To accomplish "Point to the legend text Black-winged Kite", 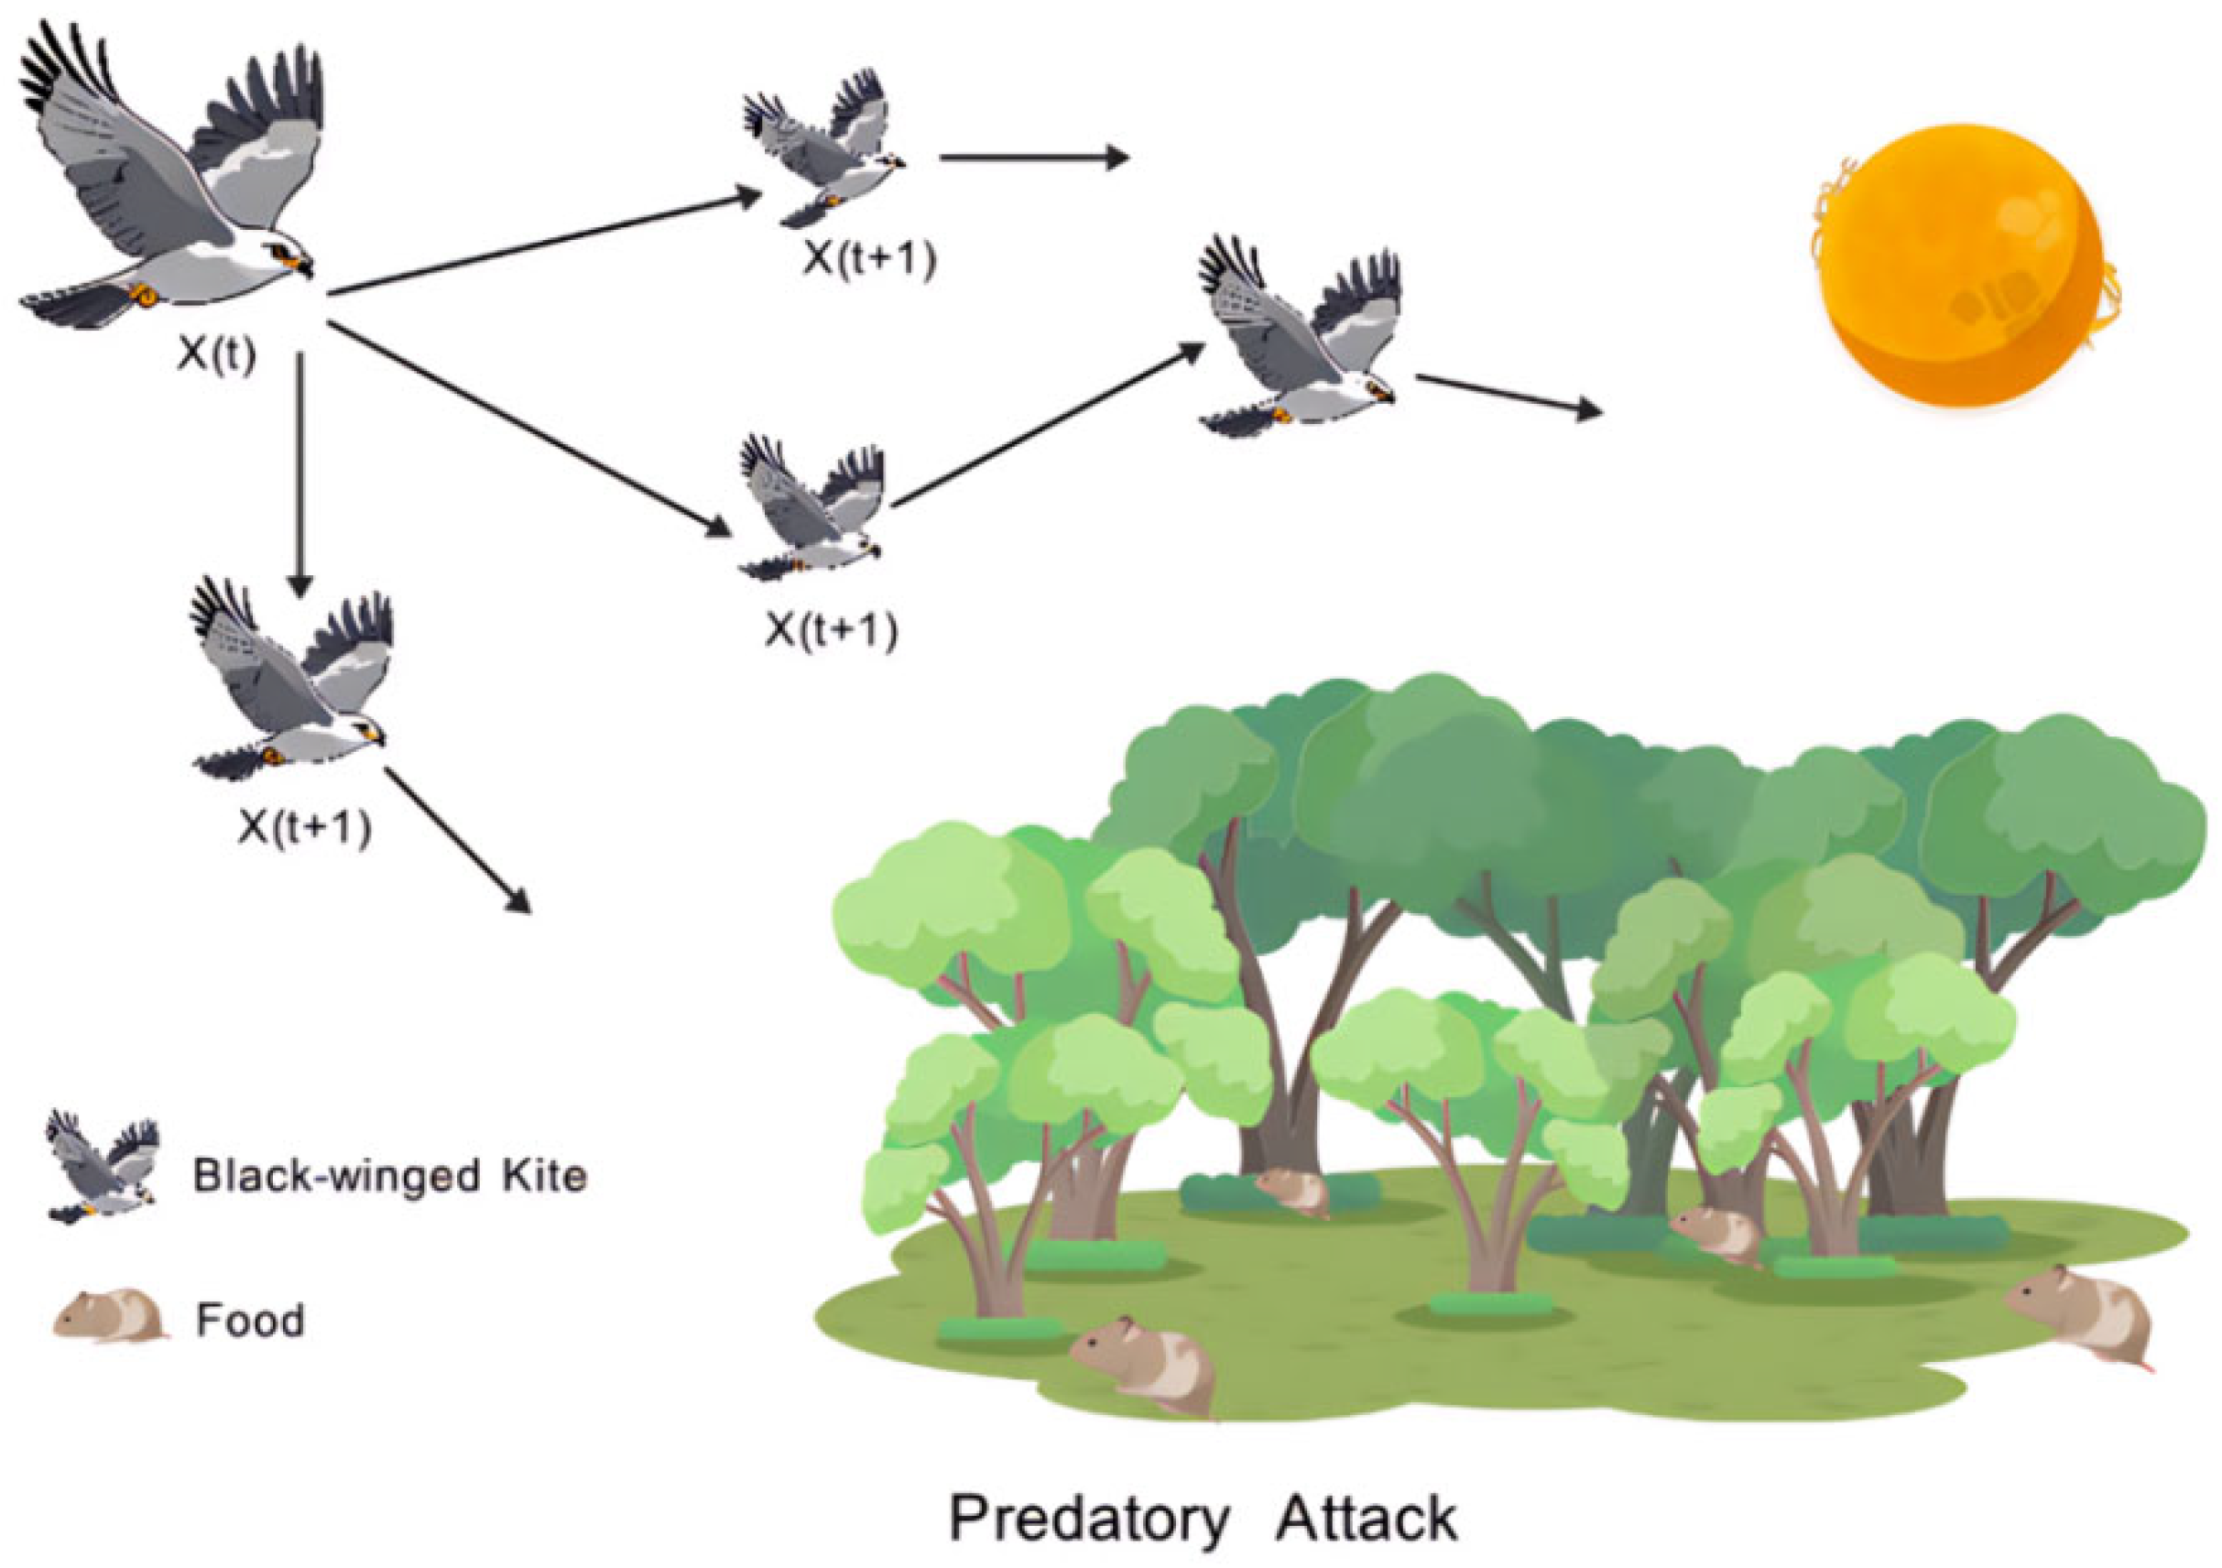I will pos(390,1176).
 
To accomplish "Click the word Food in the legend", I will pos(250,1319).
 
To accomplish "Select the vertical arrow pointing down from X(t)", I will pos(301,474).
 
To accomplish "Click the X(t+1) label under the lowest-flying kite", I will pos(306,829).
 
